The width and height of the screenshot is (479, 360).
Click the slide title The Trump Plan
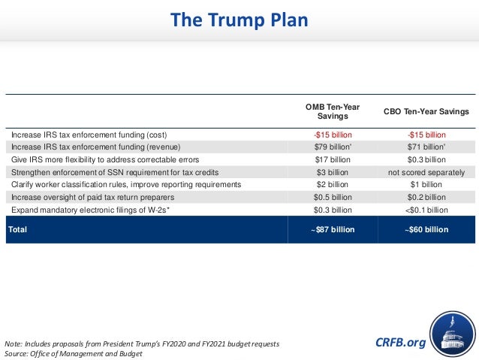pyautogui.click(x=239, y=20)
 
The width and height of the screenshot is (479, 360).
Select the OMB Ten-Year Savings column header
pyautogui.click(x=332, y=112)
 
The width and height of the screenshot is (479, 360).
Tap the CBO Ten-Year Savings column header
pyautogui.click(x=426, y=111)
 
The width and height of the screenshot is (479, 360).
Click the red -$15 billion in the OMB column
pyautogui.click(x=332, y=135)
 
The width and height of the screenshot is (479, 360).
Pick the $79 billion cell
pyautogui.click(x=333, y=147)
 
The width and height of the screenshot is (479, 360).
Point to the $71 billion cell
pyautogui.click(x=426, y=147)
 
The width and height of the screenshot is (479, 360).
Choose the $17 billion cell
pyautogui.click(x=332, y=159)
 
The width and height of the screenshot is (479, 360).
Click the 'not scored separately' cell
pyautogui.click(x=426, y=172)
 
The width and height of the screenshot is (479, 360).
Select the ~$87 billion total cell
pyautogui.click(x=332, y=229)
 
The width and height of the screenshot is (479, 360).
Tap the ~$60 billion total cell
pyautogui.click(x=426, y=229)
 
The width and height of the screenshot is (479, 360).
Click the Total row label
pyautogui.click(x=19, y=229)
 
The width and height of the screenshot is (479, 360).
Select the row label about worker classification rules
pyautogui.click(x=126, y=184)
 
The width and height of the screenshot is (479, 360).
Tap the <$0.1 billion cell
pyautogui.click(x=426, y=210)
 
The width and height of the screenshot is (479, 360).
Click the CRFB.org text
pyautogui.click(x=400, y=343)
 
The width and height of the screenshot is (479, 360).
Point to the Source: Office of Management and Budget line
pyautogui.click(x=74, y=353)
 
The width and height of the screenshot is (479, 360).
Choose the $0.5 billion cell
pyautogui.click(x=332, y=197)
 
